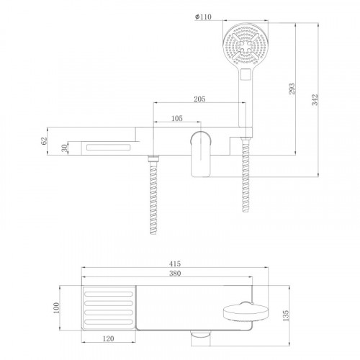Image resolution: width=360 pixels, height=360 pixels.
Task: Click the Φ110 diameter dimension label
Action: coord(203,17)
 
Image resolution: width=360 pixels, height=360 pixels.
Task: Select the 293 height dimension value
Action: coord(292,89)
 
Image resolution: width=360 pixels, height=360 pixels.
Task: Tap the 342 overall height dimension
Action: coord(315,99)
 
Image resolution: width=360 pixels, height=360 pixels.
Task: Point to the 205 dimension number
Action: coord(199,99)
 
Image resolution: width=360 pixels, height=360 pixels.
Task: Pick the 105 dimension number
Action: coord(177,118)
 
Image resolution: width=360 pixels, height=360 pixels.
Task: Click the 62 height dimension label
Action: coord(44,140)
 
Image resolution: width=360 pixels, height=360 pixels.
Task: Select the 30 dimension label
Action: coord(64,148)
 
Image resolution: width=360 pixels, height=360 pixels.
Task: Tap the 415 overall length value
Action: coord(175,264)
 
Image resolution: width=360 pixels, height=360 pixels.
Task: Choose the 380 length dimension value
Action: coord(175,273)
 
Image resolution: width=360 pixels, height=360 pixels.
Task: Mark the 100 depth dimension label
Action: coord(56,307)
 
